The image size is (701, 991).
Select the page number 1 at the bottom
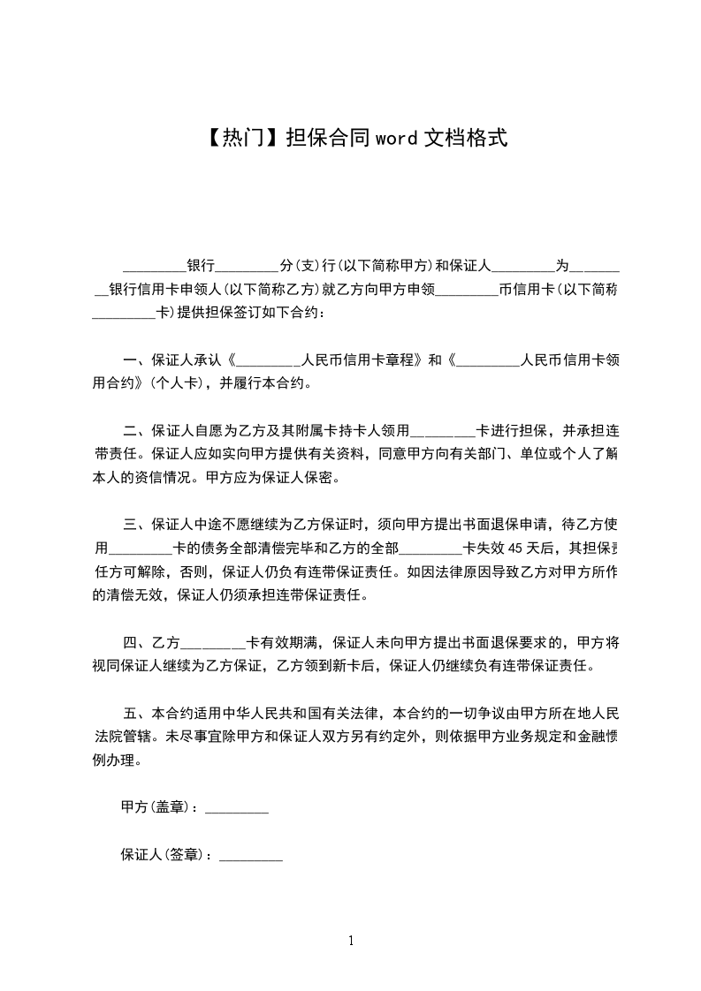351,941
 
